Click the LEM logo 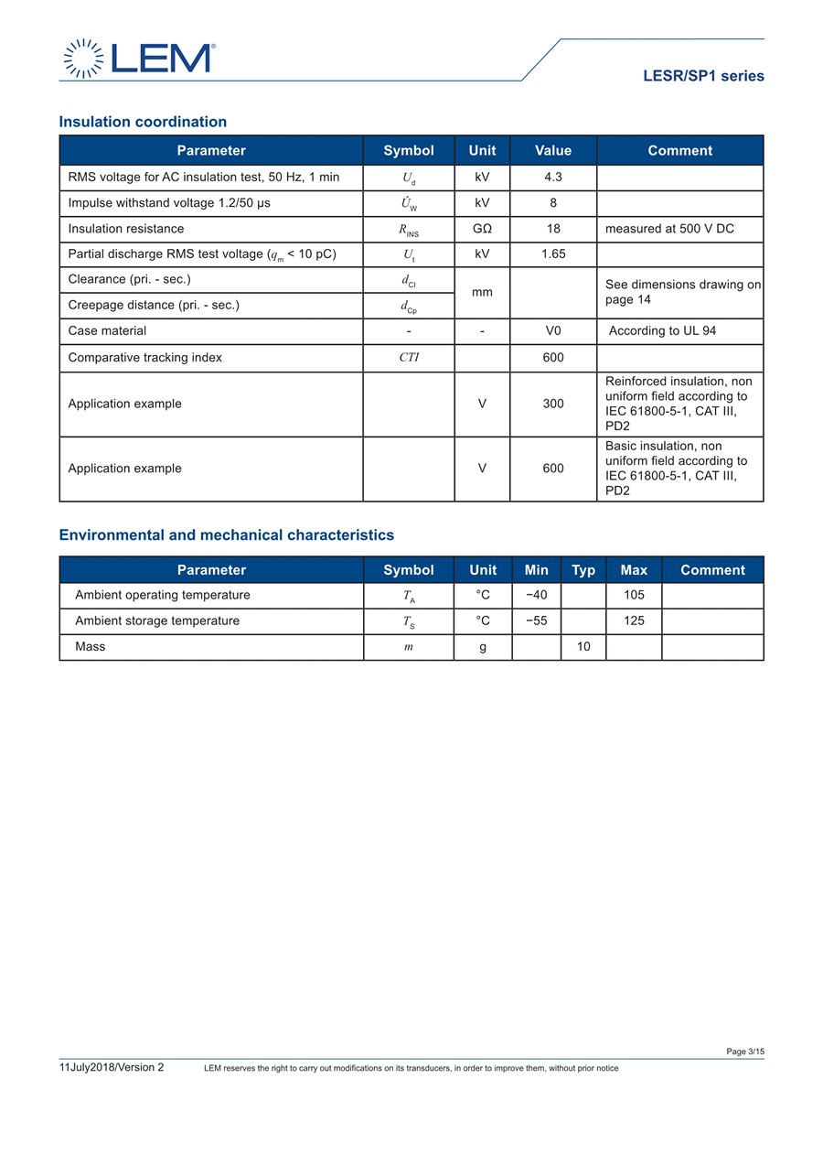(x=139, y=59)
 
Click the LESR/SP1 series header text (x=703, y=77)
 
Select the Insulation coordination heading (x=143, y=122)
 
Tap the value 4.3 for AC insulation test (x=553, y=178)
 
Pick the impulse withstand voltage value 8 (x=553, y=203)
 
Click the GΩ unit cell (x=482, y=229)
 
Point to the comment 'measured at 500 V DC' (x=669, y=229)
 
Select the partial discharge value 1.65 (x=553, y=254)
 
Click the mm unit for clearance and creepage (x=482, y=292)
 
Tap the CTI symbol (x=409, y=358)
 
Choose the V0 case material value (x=553, y=330)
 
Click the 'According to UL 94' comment (x=662, y=330)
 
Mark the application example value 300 (x=553, y=404)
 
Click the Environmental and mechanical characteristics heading (x=227, y=535)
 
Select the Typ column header (x=583, y=570)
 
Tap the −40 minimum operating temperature (x=536, y=595)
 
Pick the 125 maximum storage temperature (x=634, y=620)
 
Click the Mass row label (x=91, y=646)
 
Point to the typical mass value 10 (x=583, y=646)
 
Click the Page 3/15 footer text (x=745, y=1052)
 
